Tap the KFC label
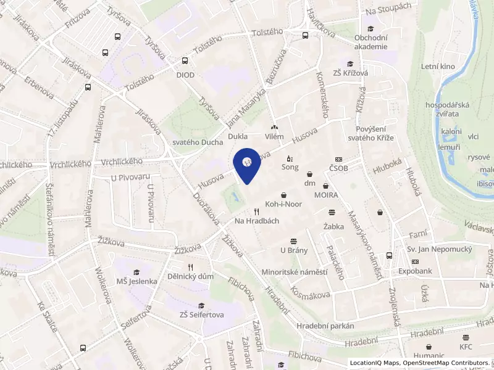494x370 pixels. click(x=466, y=347)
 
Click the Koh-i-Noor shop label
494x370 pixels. click(x=283, y=203)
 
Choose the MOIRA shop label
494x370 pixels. click(x=325, y=195)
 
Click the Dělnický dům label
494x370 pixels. click(x=190, y=276)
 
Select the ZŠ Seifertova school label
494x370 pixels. click(x=201, y=314)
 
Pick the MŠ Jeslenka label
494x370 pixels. click(x=137, y=281)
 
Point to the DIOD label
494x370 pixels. click(x=185, y=75)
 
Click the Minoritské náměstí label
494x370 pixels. click(x=294, y=271)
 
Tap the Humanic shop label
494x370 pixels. click(x=429, y=355)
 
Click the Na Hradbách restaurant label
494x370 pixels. click(x=257, y=220)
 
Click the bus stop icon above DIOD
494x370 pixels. click(x=185, y=61)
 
